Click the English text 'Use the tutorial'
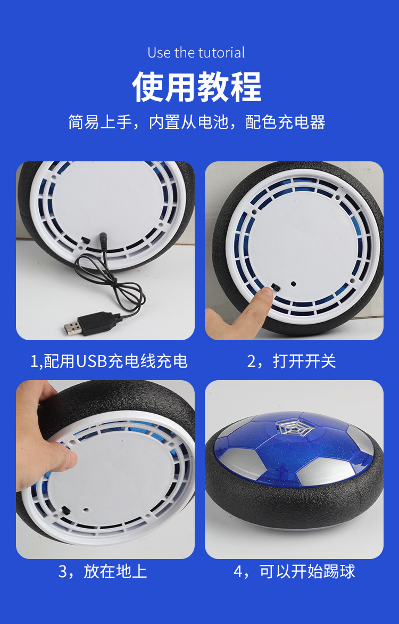pyautogui.click(x=196, y=53)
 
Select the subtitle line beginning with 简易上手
pyautogui.click(x=197, y=122)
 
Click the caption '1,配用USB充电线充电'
pyautogui.click(x=109, y=362)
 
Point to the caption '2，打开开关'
pyautogui.click(x=292, y=362)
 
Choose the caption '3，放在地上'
pyautogui.click(x=102, y=571)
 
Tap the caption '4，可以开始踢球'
pyautogui.click(x=294, y=571)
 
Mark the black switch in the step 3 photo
pyautogui.click(x=65, y=510)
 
